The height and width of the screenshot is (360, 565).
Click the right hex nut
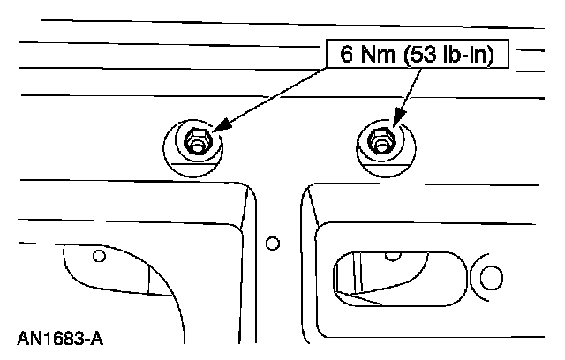[380, 140]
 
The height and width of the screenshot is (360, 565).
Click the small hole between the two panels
[273, 241]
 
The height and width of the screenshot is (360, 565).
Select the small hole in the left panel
[99, 256]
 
